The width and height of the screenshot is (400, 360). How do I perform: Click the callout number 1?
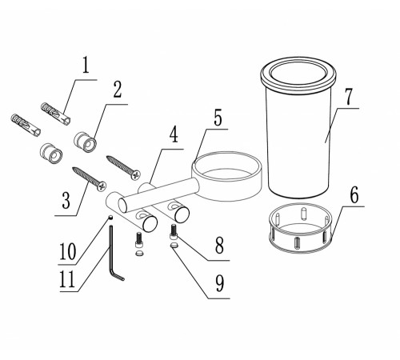point(86,66)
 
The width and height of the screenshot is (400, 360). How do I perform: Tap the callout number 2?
point(117,90)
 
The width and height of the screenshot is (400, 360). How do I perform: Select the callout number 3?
point(66,200)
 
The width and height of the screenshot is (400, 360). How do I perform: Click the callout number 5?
point(218,118)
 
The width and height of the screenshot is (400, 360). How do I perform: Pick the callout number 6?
point(354,195)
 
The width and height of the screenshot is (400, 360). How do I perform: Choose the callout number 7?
point(348,96)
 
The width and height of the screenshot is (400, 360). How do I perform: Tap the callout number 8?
point(219,246)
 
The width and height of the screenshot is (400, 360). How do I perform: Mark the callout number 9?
point(220,283)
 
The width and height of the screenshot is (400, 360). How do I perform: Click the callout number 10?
point(68,252)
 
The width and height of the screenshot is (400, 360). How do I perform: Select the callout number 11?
point(67,279)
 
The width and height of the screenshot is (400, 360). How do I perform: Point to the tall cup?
point(298,127)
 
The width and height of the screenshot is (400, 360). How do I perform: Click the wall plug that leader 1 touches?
point(56,114)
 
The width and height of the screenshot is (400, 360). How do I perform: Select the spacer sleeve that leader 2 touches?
point(85,142)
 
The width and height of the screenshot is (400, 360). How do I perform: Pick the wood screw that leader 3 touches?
point(90,179)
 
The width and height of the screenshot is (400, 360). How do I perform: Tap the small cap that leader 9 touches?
point(174,246)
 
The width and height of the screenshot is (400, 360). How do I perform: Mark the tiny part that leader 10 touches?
point(110,218)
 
